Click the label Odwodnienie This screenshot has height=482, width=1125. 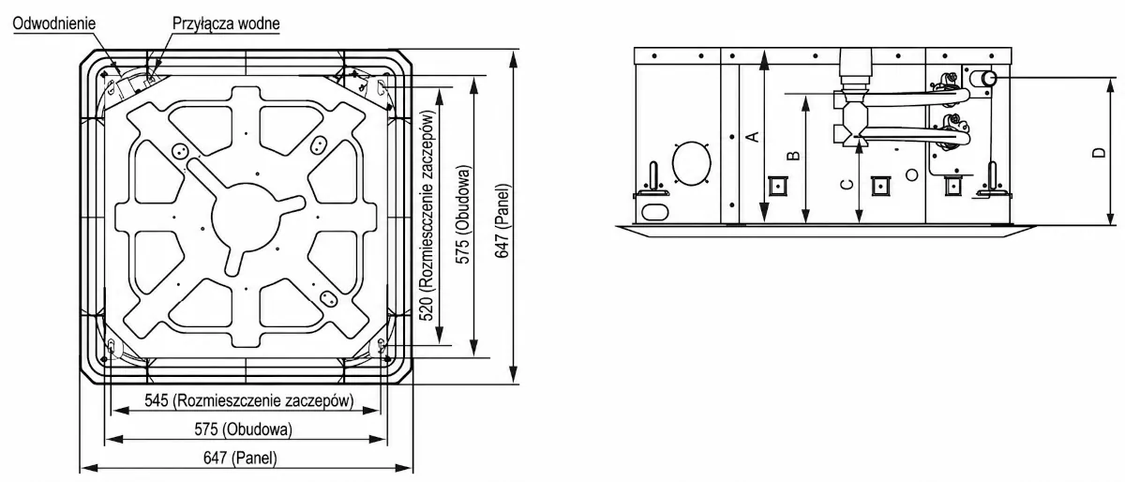click(x=54, y=23)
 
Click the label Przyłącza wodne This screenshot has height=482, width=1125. click(x=226, y=23)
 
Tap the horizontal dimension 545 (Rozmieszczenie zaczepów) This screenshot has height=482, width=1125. click(x=249, y=400)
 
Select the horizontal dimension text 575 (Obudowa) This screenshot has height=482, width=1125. click(x=243, y=429)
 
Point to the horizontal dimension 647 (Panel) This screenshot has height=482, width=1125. click(x=240, y=458)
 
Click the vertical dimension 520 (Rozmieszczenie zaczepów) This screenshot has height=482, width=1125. click(x=427, y=215)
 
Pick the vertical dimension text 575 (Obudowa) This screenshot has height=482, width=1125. click(x=463, y=215)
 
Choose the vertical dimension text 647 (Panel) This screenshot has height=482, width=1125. click(x=502, y=221)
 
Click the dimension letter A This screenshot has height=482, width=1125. click(x=752, y=136)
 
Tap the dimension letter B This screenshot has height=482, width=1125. click(x=793, y=156)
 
